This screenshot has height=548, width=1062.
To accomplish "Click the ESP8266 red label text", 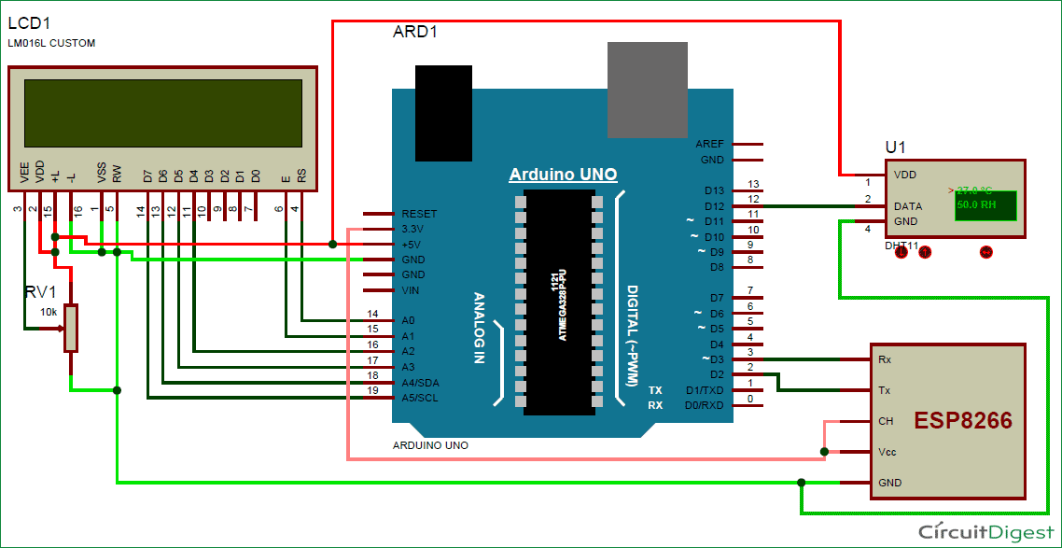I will [x=962, y=420].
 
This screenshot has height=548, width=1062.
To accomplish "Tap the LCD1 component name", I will [x=28, y=22].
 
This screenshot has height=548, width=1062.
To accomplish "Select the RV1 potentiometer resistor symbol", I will [x=71, y=328].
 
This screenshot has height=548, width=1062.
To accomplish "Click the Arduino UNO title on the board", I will [x=563, y=175].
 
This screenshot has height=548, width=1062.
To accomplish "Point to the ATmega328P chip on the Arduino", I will [x=558, y=302].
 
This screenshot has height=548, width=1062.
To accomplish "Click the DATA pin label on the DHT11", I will [x=908, y=206].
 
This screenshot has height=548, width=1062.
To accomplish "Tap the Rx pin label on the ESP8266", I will [x=884, y=358].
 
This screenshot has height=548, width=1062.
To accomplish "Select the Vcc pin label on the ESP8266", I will [x=887, y=452].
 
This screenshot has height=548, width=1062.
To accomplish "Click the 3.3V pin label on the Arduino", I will [x=412, y=228].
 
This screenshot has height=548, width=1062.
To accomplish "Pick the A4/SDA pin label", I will [x=420, y=382].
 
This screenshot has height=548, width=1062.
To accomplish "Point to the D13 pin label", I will [x=714, y=190].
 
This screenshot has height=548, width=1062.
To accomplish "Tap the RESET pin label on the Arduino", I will [x=419, y=214].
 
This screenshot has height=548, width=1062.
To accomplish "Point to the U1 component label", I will [x=895, y=148].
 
